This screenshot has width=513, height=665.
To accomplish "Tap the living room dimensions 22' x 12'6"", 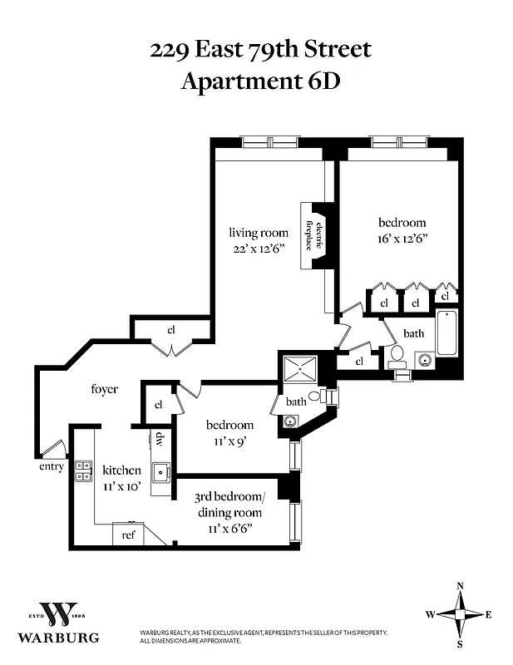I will coord(259,248).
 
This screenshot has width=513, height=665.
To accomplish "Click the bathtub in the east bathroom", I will coord(446,333).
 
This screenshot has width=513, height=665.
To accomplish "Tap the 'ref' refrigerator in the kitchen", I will coord(128,534).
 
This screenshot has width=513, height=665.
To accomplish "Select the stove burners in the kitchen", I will coord(83,471).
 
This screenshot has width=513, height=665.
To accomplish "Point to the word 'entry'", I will coord(51,466).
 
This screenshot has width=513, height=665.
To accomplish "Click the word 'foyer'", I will coord(105,388).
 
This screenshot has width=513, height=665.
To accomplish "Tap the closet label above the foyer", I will coord(171,329).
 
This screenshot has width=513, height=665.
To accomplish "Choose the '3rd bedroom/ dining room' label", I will coord(229,505).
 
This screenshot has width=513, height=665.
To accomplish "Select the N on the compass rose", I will coord(460,586).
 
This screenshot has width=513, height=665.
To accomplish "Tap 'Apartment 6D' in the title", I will coord(260,81).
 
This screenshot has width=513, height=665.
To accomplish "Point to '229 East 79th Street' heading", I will coord(260,50).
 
